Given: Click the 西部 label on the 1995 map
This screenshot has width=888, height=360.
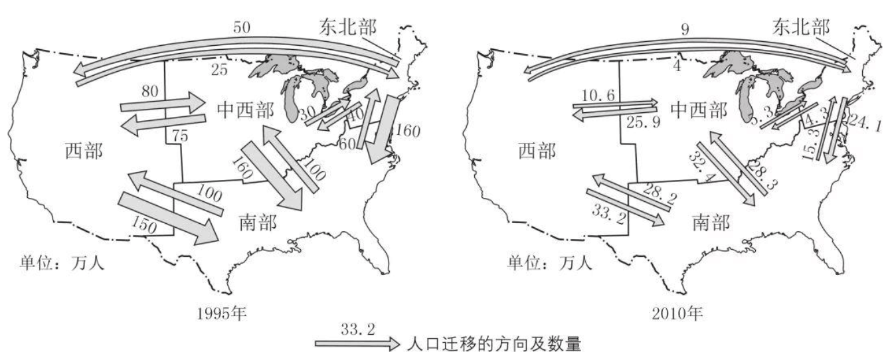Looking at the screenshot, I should tap(84, 151).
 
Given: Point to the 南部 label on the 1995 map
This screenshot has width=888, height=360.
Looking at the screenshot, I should tap(257, 221).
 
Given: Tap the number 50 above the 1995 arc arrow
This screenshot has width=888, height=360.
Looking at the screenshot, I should tap(242, 27).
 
